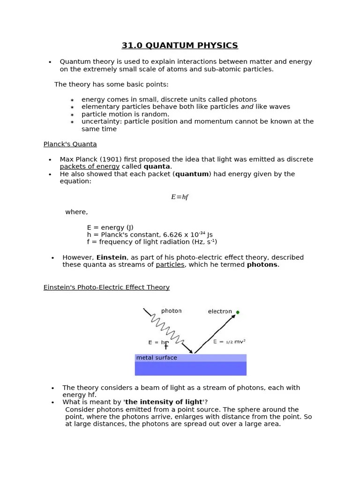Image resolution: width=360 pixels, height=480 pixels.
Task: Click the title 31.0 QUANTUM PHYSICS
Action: [x=180, y=45]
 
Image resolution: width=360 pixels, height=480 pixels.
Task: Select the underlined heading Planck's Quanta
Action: [x=70, y=144]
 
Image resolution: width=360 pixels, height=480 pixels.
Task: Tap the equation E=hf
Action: [x=180, y=197]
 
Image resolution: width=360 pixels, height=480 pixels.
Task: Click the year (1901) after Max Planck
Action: [x=112, y=159]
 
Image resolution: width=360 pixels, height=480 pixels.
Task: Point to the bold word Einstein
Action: [x=111, y=257]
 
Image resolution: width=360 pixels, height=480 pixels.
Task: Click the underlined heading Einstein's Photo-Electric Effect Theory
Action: [x=106, y=287]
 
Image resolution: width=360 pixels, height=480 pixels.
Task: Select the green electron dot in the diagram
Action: [x=238, y=312]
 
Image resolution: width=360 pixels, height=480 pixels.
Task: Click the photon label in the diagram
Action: [x=171, y=311]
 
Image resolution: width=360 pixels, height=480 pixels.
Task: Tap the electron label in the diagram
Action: [x=220, y=311]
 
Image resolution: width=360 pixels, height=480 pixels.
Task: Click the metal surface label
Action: [x=157, y=358]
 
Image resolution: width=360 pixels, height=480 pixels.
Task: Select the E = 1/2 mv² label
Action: [x=229, y=342]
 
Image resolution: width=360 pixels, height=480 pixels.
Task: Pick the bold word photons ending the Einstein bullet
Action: [x=262, y=264]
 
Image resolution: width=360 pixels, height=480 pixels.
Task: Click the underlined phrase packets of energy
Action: [x=90, y=166]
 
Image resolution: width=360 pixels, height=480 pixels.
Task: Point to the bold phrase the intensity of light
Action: [x=164, y=402]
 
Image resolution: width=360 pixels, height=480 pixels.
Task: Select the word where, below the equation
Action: [x=76, y=212]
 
